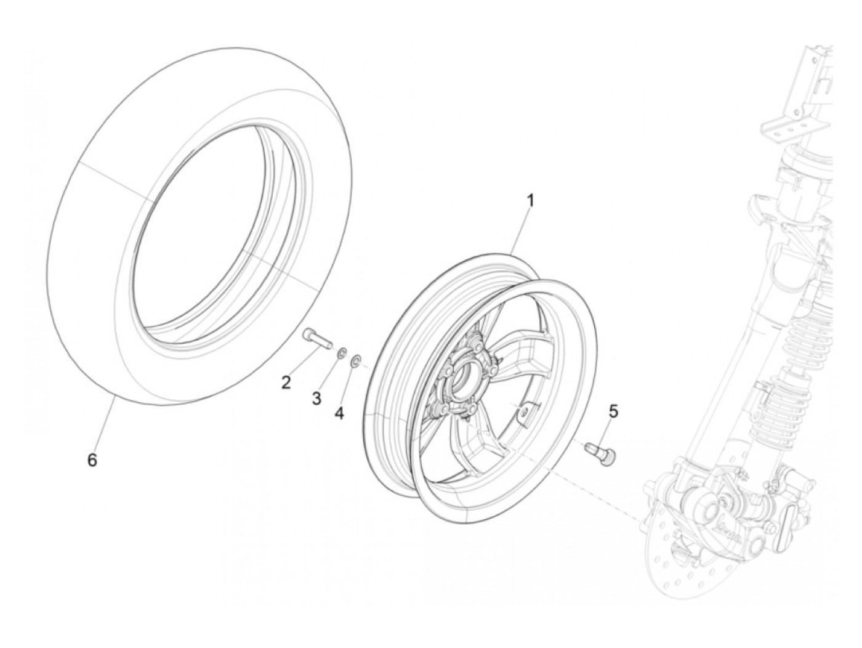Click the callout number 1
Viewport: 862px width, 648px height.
coord(530,201)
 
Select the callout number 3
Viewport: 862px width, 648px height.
coord(316,399)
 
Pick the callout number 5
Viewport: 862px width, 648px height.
coord(613,410)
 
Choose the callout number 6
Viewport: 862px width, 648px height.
coord(92,460)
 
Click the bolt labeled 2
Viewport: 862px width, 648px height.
coord(316,338)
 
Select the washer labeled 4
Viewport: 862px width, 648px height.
coord(356,360)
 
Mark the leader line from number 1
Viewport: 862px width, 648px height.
coord(520,234)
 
